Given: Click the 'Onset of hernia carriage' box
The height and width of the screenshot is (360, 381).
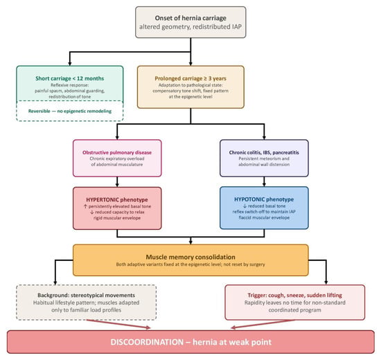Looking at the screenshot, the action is click(x=190, y=22).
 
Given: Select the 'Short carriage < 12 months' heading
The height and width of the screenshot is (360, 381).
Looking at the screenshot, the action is click(x=70, y=78).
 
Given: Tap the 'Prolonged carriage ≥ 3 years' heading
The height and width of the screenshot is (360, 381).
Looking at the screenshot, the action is click(x=190, y=78).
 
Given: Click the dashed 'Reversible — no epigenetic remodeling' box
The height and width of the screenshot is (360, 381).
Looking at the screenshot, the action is click(x=70, y=111).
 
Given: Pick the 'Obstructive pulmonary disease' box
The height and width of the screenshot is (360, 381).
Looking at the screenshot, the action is click(x=117, y=158).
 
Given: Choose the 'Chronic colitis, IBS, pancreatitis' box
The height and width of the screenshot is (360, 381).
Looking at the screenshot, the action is click(x=264, y=158).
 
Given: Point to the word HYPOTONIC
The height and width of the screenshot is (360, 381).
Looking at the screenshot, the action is click(x=249, y=199).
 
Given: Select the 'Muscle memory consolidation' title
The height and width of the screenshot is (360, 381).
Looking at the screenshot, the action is click(x=190, y=257).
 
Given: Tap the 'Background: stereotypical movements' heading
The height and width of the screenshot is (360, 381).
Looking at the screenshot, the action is click(x=87, y=295).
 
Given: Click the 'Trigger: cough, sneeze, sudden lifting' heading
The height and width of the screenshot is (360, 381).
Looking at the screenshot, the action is click(x=294, y=295).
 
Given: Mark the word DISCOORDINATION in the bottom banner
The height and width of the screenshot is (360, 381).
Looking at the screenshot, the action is click(x=147, y=342).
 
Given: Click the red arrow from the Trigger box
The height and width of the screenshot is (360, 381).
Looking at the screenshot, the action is click(x=263, y=324).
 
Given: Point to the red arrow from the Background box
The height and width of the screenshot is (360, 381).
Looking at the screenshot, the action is click(x=118, y=324).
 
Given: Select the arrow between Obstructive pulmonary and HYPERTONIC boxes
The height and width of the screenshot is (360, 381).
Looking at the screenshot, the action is click(x=117, y=181).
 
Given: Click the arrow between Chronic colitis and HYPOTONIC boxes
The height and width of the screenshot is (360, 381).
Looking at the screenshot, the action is click(x=264, y=181).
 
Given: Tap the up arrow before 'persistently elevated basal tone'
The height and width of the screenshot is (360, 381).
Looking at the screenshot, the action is click(x=85, y=206).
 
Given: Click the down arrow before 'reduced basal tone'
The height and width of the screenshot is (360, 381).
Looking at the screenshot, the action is click(x=245, y=206).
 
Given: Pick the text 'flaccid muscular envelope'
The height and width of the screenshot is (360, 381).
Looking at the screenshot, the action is click(x=264, y=217).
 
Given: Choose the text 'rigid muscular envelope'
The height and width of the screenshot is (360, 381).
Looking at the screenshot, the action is click(x=117, y=218).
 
